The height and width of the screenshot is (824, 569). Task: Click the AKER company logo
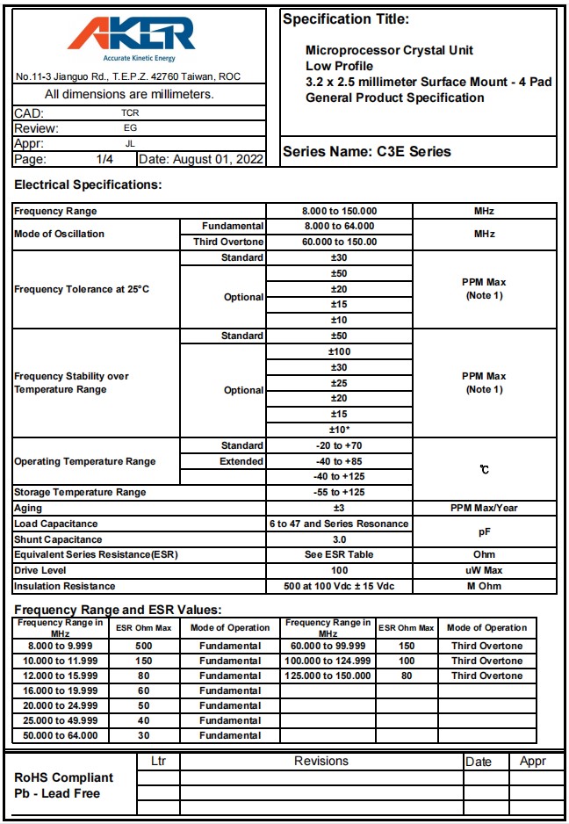pos(132,37)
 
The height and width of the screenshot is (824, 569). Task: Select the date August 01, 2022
pos(201,159)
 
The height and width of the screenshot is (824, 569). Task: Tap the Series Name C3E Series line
pos(366,151)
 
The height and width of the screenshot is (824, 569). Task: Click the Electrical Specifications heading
pos(89,185)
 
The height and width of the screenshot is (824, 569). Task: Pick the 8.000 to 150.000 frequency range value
pos(339,211)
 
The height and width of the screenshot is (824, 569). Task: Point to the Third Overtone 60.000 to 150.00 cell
pos(339,242)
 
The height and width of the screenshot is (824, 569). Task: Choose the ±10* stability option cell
pos(339,430)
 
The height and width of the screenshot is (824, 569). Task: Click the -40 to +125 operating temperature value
pos(339,477)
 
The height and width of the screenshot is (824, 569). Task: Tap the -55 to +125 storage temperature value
pos(339,492)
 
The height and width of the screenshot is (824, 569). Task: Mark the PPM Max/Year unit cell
pos(484,508)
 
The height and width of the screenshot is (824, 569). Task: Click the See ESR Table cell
pos(339,554)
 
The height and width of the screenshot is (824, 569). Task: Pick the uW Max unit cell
pos(484,570)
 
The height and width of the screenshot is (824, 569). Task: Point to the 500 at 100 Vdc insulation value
pos(339,586)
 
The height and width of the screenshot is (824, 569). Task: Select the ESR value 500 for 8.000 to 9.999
pos(143,646)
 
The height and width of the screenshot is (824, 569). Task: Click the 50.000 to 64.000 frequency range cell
pos(60,735)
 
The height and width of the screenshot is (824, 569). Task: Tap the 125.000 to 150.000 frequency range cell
pos(328,676)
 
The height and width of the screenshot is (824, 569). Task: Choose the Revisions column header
pos(321,762)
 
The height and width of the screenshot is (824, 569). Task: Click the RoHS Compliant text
pos(64,777)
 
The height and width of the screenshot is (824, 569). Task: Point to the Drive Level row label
pos(43,570)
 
